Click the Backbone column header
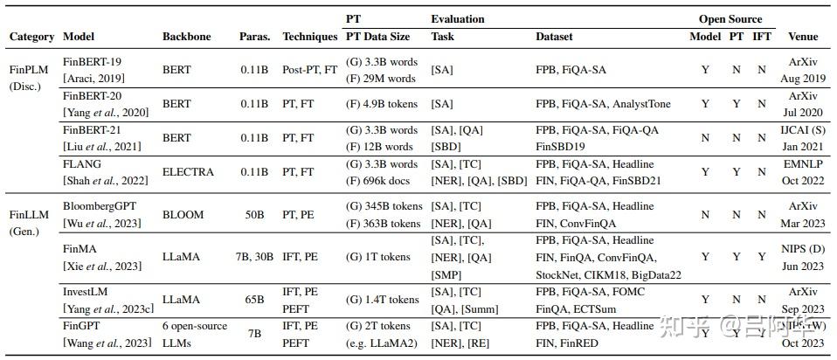tap(186, 38)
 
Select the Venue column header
tap(803, 38)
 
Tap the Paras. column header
tap(255, 38)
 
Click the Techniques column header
tap(310, 38)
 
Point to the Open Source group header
tap(730, 19)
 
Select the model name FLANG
tap(82, 164)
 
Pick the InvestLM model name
tap(89, 292)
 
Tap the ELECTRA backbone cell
tap(188, 172)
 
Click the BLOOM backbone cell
tap(183, 214)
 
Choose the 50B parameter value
tap(254, 214)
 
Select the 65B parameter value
tap(254, 300)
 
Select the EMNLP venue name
tap(803, 164)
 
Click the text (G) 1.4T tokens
tap(383, 300)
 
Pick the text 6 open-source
tap(194, 327)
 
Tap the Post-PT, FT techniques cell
tap(310, 70)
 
